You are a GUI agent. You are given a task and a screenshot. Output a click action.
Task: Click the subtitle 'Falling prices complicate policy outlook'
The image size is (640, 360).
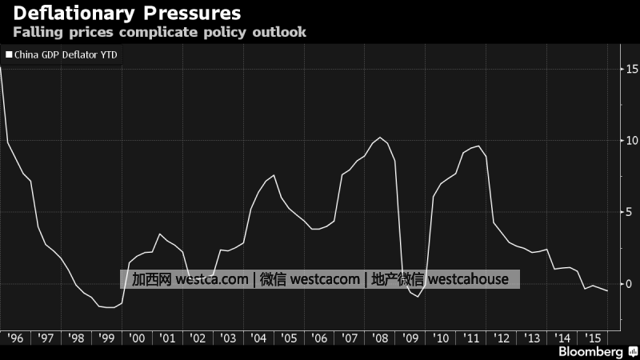[158, 34]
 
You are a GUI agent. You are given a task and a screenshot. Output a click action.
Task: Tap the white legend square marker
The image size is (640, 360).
[9, 55]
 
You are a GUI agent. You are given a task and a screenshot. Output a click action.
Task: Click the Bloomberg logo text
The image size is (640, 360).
[590, 352]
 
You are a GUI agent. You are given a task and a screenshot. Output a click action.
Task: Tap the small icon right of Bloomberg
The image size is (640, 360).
[632, 352]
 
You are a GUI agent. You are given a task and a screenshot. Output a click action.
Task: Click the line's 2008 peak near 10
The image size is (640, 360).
[380, 138]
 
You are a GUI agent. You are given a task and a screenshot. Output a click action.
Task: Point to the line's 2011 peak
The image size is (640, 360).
[478, 146]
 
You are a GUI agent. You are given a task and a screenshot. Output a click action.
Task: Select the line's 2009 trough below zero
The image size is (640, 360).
[418, 296]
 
